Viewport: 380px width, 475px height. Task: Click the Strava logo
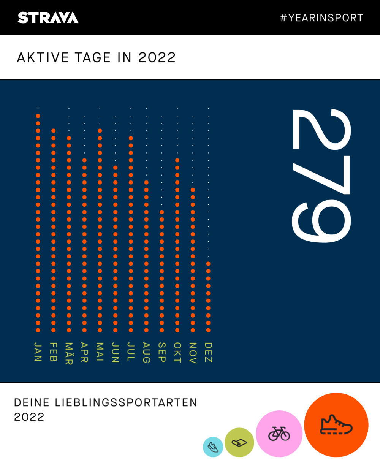[x=48, y=17]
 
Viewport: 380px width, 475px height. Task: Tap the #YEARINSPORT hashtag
[x=321, y=18]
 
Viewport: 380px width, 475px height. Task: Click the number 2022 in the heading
[x=157, y=58]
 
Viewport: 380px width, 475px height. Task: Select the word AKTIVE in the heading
[x=43, y=58]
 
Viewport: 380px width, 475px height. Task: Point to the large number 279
[x=321, y=176]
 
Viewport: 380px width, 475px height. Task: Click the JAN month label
[x=38, y=351]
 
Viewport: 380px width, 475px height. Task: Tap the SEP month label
[x=162, y=352]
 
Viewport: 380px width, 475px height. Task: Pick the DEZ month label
[x=208, y=352]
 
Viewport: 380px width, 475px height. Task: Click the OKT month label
[x=177, y=352]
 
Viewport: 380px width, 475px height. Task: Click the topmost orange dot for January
[x=38, y=116]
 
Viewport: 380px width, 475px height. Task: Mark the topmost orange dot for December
[x=208, y=264]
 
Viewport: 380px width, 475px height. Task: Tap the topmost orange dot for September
[x=162, y=212]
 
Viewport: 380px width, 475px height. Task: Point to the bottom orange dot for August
[x=146, y=330]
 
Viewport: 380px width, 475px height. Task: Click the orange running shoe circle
[x=336, y=425]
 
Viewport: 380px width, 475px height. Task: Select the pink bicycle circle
[x=279, y=434]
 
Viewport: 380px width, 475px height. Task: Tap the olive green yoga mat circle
[x=239, y=442]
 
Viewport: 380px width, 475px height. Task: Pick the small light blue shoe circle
[x=213, y=447]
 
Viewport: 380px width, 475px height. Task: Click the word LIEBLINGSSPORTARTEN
[x=126, y=403]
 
